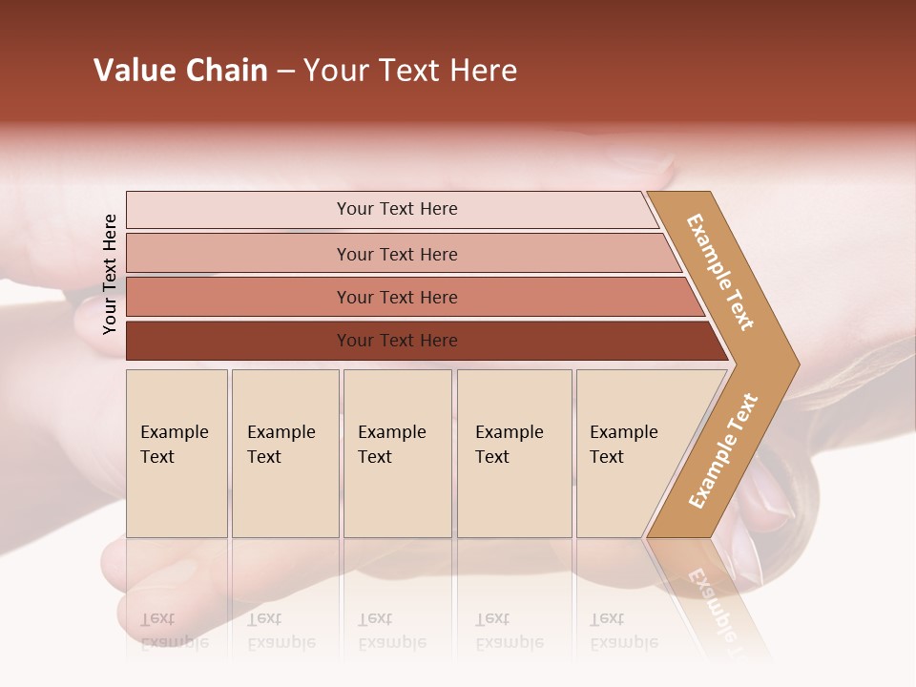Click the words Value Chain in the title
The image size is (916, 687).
pyautogui.click(x=180, y=71)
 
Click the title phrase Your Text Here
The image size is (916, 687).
pyautogui.click(x=410, y=71)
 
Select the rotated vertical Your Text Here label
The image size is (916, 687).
pyautogui.click(x=110, y=274)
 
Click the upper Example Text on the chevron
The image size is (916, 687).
pyautogui.click(x=720, y=272)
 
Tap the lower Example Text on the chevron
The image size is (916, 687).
pyautogui.click(x=722, y=451)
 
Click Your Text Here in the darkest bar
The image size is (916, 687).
pyautogui.click(x=397, y=341)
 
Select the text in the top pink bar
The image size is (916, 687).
pyautogui.click(x=397, y=209)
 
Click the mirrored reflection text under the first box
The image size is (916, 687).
pyautogui.click(x=174, y=631)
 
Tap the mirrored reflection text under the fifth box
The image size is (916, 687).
pyautogui.click(x=623, y=631)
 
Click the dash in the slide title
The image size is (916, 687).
pyautogui.click(x=285, y=72)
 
